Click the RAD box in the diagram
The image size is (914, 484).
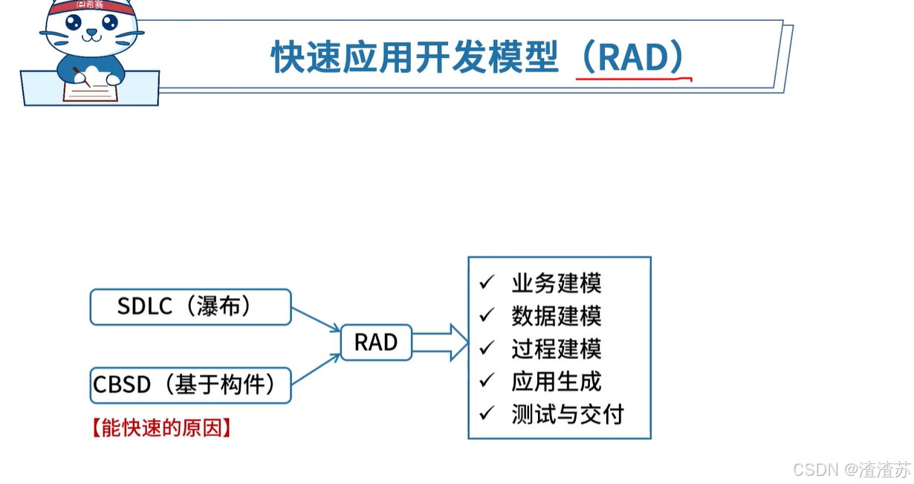(376, 343)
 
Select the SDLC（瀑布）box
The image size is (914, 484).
(190, 306)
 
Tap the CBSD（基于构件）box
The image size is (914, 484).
(190, 384)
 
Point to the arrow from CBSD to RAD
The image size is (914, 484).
(316, 369)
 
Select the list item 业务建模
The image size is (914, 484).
(556, 283)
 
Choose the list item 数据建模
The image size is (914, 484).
(556, 316)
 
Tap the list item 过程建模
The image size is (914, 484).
(556, 349)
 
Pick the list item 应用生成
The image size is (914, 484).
(556, 381)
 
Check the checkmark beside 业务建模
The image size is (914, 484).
(487, 283)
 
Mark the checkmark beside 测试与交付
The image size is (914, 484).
(487, 413)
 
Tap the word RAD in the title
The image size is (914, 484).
(631, 58)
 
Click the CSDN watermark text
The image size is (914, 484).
(851, 470)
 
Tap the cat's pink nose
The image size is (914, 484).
(91, 33)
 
